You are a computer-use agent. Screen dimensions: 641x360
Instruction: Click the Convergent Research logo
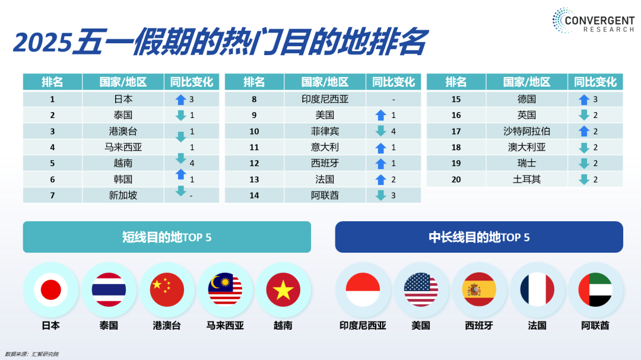coord(593,20)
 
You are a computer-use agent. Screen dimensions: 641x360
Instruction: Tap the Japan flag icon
coord(50,289)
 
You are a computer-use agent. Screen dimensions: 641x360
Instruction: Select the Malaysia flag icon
coord(225,289)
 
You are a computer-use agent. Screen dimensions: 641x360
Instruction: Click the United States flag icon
coord(421,289)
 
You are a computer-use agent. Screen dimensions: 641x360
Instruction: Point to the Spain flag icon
coord(479,289)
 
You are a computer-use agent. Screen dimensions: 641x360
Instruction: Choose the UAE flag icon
coord(595,289)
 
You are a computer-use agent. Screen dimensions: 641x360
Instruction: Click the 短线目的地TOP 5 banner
coord(167,237)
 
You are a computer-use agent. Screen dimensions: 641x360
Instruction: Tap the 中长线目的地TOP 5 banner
coord(479,237)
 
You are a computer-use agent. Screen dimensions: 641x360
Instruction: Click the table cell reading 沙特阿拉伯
coord(526,131)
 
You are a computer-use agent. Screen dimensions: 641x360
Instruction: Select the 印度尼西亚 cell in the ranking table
coord(325,99)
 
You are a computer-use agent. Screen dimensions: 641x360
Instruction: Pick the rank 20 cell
coord(456,179)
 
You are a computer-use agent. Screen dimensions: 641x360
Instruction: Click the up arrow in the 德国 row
coord(584,99)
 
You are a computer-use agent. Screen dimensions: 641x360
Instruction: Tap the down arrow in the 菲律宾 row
coord(380,130)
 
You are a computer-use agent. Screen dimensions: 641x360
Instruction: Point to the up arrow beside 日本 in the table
coord(180,99)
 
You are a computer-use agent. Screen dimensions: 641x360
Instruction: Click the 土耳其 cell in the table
coord(526,179)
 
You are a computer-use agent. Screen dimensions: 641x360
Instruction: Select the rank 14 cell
coord(254,195)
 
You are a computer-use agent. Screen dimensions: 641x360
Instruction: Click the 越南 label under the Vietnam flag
coord(283,326)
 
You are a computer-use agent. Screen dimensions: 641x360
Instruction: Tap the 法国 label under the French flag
coord(537,326)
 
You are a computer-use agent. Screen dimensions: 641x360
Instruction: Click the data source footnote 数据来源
coord(32,354)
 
